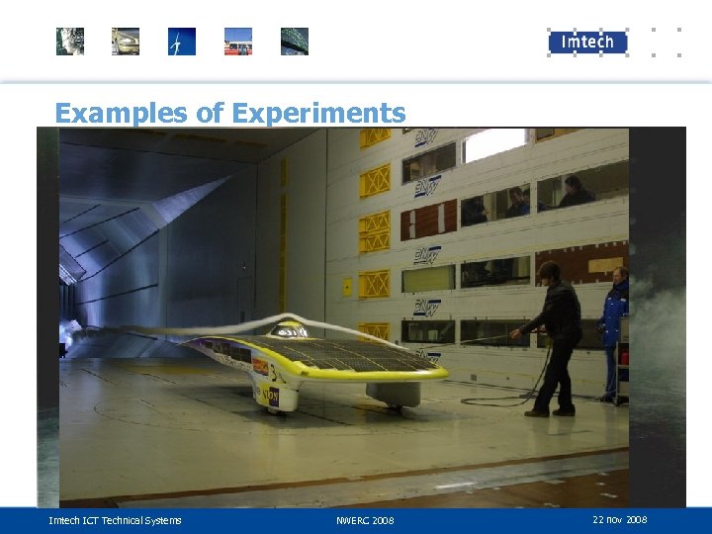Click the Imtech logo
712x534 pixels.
[587, 42]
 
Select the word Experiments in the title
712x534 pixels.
[317, 113]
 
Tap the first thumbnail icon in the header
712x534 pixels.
[70, 42]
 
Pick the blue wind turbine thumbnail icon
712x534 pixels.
[182, 42]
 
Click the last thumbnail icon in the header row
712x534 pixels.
[295, 42]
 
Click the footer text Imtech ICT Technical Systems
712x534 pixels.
[116, 520]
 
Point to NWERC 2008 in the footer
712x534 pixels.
[365, 520]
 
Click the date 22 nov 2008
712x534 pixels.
[620, 520]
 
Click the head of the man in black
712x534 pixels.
[549, 270]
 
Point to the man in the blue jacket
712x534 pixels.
[614, 316]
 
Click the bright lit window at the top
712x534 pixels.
[493, 144]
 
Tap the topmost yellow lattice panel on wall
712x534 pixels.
[375, 137]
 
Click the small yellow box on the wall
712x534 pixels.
[347, 287]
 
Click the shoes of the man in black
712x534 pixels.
[549, 411]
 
